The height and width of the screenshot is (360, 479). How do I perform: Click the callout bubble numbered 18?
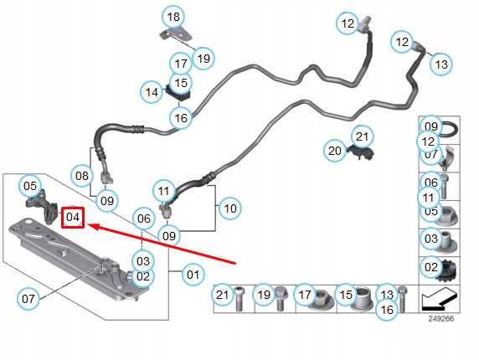[173, 17]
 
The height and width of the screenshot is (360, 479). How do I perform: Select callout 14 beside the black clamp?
[152, 92]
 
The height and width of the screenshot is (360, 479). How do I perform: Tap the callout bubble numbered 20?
[335, 151]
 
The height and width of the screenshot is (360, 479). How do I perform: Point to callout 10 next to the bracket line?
[230, 208]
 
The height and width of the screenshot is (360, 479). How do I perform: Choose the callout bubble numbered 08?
[82, 176]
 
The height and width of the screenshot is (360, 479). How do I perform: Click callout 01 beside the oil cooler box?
[193, 275]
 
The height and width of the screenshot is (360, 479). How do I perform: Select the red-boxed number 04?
[73, 218]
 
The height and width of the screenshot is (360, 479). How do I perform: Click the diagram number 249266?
[441, 319]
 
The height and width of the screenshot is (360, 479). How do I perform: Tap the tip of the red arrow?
[88, 226]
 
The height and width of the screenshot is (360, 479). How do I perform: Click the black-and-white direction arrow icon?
[440, 300]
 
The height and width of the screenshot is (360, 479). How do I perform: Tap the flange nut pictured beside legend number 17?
[321, 300]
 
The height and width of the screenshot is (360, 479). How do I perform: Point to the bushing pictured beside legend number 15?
[363, 299]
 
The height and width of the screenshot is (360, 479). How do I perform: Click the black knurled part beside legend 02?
[447, 271]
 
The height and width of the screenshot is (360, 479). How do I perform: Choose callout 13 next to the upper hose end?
[441, 64]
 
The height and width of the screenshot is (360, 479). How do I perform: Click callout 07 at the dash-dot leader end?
[28, 298]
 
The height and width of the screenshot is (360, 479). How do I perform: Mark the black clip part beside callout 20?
[361, 152]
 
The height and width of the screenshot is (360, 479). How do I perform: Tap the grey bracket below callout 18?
[176, 34]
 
